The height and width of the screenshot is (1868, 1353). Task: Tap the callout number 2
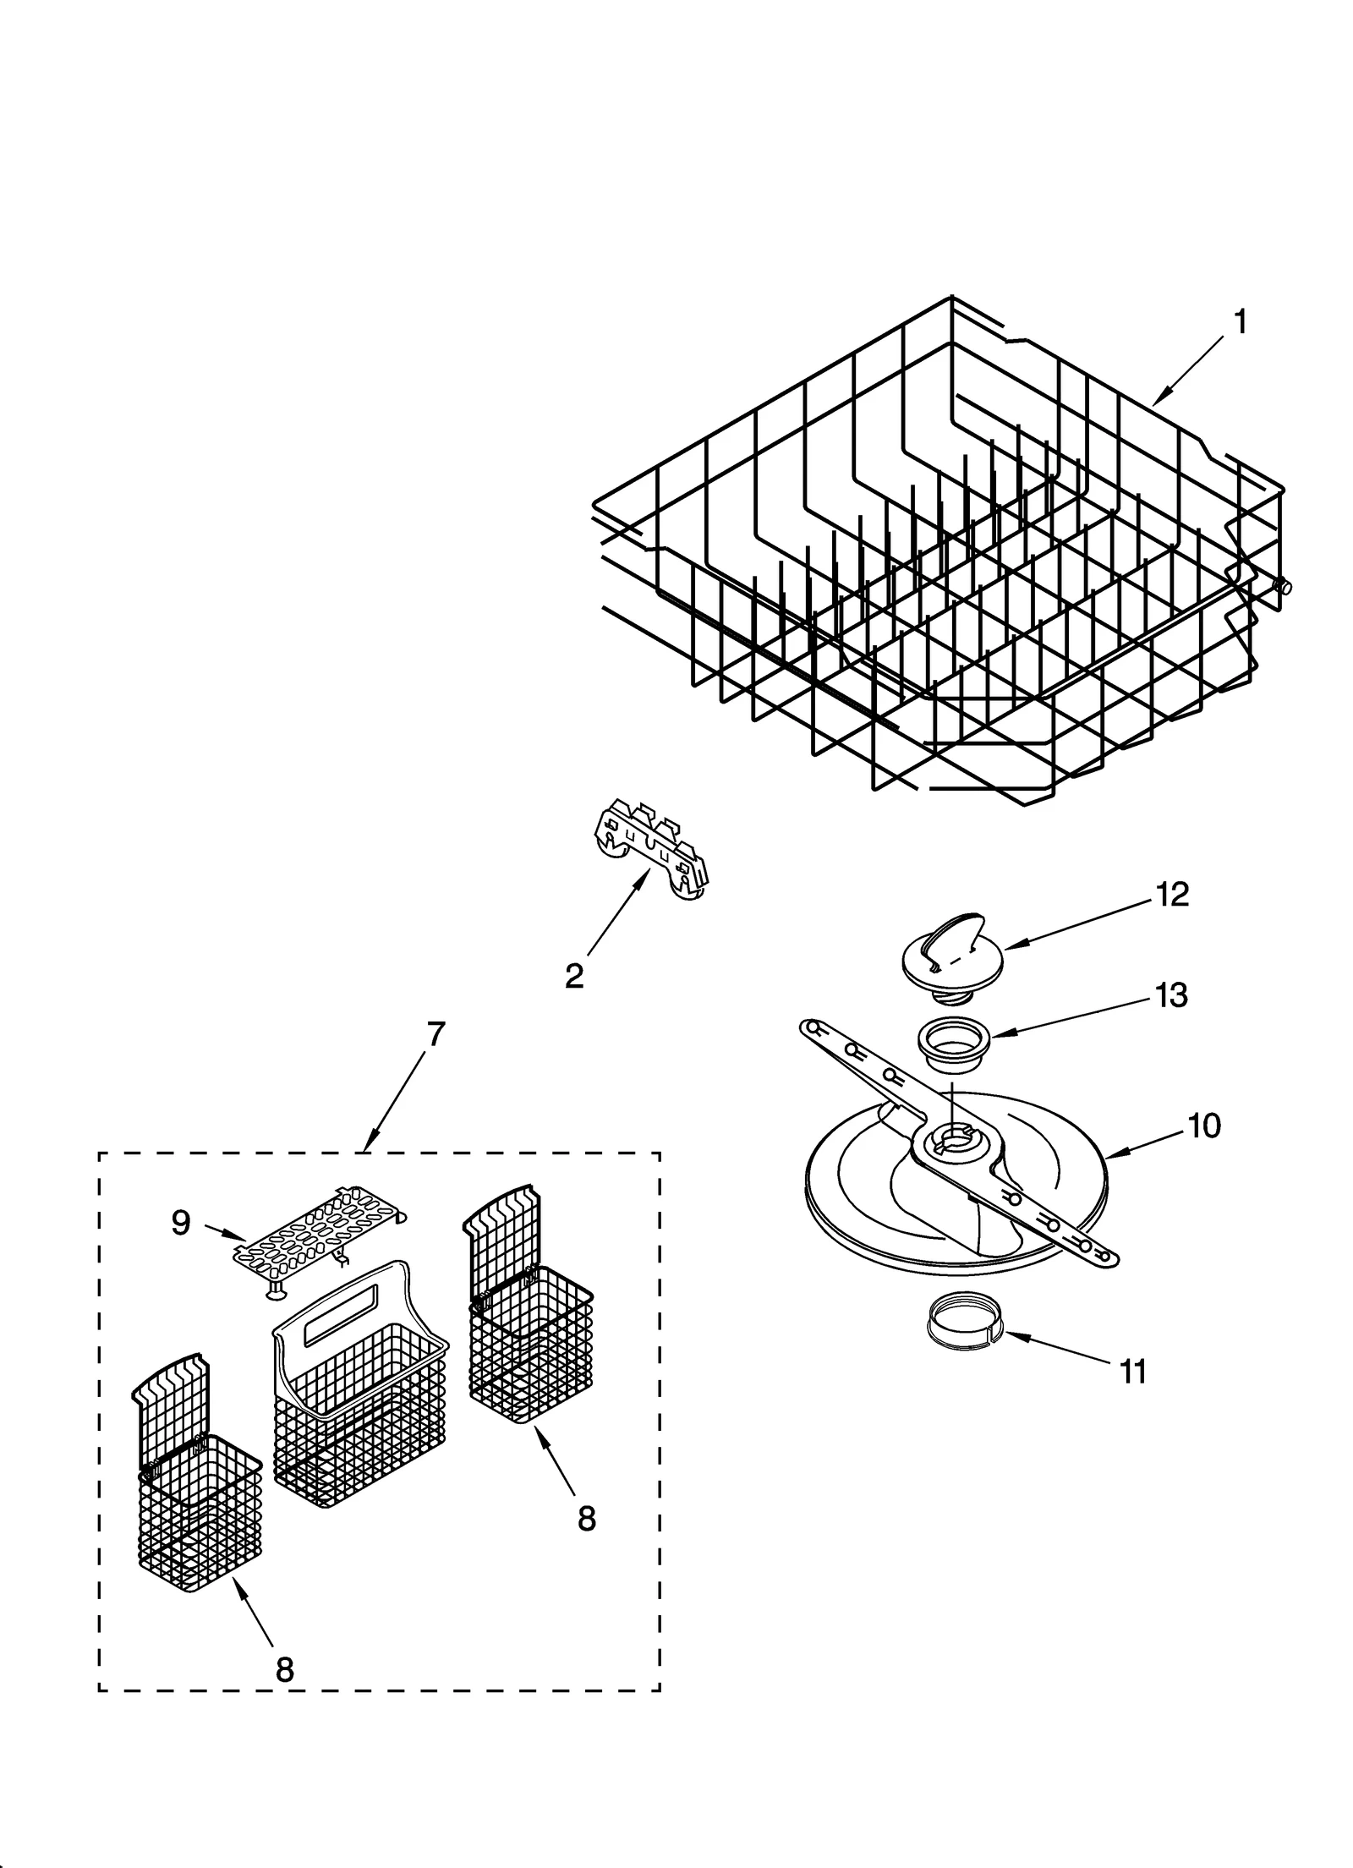(x=574, y=977)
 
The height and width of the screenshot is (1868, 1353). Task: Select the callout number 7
(x=435, y=1033)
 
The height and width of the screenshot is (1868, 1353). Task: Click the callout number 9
(x=180, y=1222)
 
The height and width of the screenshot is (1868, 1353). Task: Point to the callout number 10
(x=1203, y=1126)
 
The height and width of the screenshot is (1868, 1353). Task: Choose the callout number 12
(x=1172, y=895)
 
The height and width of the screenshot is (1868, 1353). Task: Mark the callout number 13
(x=1171, y=995)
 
